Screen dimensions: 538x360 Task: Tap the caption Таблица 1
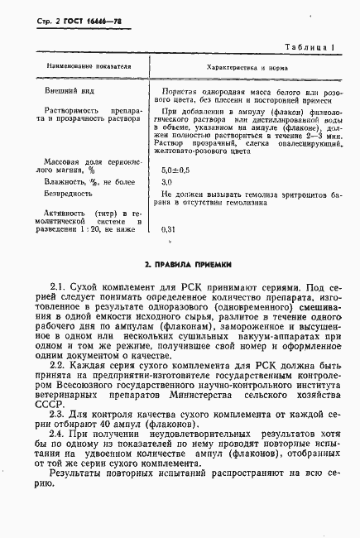point(309,50)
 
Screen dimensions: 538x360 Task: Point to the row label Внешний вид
point(67,90)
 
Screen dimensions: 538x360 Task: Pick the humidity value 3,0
point(166,180)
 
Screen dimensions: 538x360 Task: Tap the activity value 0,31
point(169,228)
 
